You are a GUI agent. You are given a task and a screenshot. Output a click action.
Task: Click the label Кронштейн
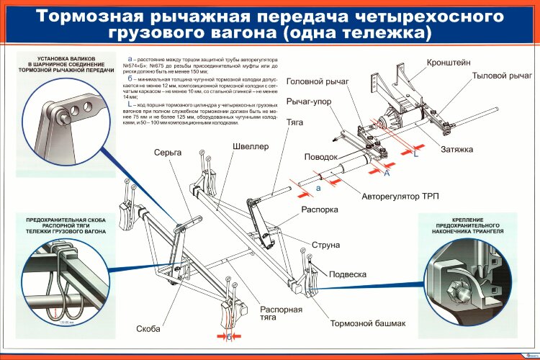pos(450,63)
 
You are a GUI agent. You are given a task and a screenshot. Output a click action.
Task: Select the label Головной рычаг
pos(318,82)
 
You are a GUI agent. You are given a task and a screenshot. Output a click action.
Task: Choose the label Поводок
pos(320,156)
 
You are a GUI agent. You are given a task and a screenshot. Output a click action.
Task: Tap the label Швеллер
pos(251,146)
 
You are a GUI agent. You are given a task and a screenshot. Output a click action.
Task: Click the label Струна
pos(326,245)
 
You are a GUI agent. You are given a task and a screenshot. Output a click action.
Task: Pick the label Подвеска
pos(348,274)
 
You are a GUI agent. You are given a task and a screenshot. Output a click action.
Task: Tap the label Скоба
pos(148,329)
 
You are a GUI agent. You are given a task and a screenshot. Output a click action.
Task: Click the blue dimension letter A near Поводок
pos(387,174)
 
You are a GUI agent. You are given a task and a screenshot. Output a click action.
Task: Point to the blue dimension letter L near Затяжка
pos(415,153)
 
